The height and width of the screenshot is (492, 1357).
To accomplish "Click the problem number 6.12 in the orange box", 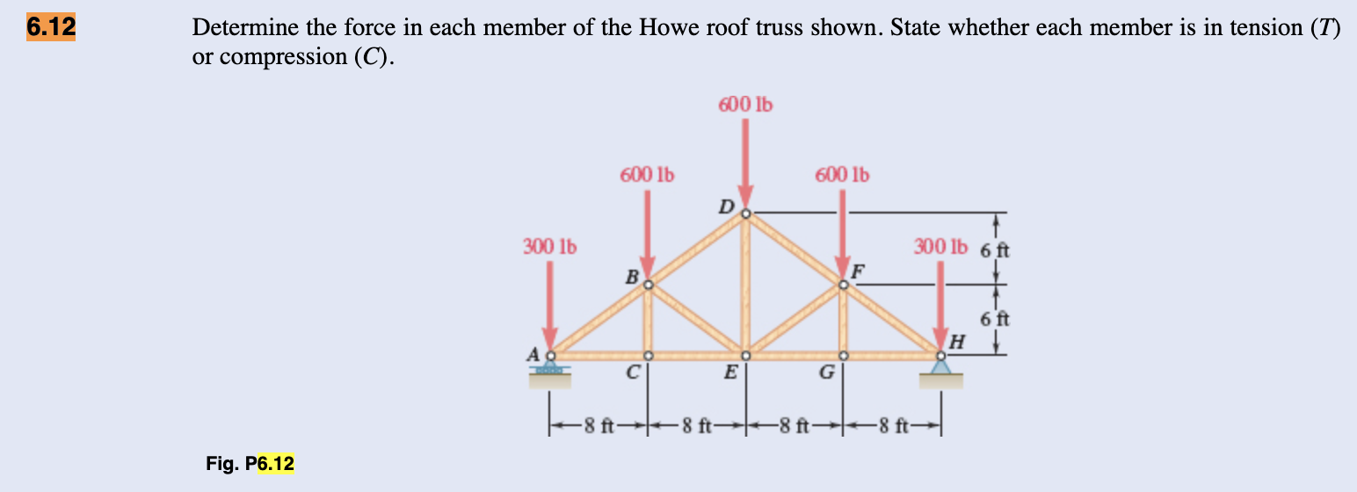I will click(x=50, y=27).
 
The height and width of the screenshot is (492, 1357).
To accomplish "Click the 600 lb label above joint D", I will click(x=745, y=105).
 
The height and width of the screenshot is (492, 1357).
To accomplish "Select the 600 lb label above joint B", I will click(x=647, y=174).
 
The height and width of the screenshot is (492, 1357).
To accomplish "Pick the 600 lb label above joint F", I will click(x=842, y=174).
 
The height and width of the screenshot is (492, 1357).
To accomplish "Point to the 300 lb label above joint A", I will click(x=549, y=245).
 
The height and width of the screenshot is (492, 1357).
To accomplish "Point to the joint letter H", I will click(x=958, y=343).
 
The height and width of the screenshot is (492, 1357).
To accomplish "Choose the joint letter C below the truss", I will click(x=632, y=373).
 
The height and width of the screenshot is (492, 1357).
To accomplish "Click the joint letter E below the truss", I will click(x=729, y=373).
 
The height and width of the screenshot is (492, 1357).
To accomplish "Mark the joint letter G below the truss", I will click(x=826, y=373).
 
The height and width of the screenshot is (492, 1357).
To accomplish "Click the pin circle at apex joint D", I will click(x=745, y=213).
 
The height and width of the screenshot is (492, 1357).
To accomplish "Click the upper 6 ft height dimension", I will click(x=996, y=249).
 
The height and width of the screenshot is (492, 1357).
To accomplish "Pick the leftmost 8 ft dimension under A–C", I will click(x=600, y=429).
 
